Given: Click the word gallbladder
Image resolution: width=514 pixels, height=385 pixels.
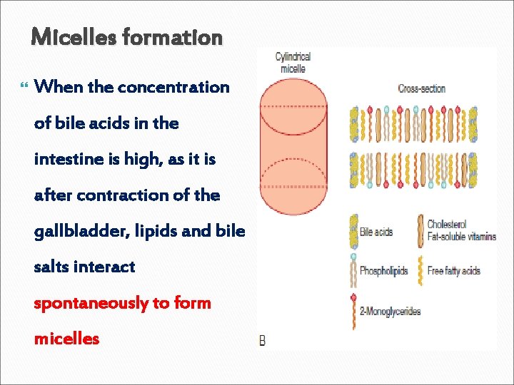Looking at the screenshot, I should (76, 231).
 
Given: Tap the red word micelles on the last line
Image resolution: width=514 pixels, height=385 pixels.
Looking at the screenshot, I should (66, 339).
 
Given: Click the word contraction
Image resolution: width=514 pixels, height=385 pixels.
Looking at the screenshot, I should (127, 195).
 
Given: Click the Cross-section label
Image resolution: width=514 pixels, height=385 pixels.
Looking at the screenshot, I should (421, 89).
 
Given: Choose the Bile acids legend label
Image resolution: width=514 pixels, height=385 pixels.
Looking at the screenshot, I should (376, 232).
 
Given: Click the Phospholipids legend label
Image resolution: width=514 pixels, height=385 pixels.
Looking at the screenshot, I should (383, 271).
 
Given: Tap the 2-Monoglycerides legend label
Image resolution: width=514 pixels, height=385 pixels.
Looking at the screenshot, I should (390, 311).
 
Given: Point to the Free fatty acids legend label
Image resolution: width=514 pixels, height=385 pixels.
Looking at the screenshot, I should (453, 271).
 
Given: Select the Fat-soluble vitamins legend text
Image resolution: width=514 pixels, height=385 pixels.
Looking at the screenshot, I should (461, 237).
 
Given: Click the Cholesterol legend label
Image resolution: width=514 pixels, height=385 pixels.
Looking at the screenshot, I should (447, 225).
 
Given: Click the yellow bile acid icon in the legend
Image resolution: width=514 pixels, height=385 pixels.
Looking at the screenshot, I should (353, 232).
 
